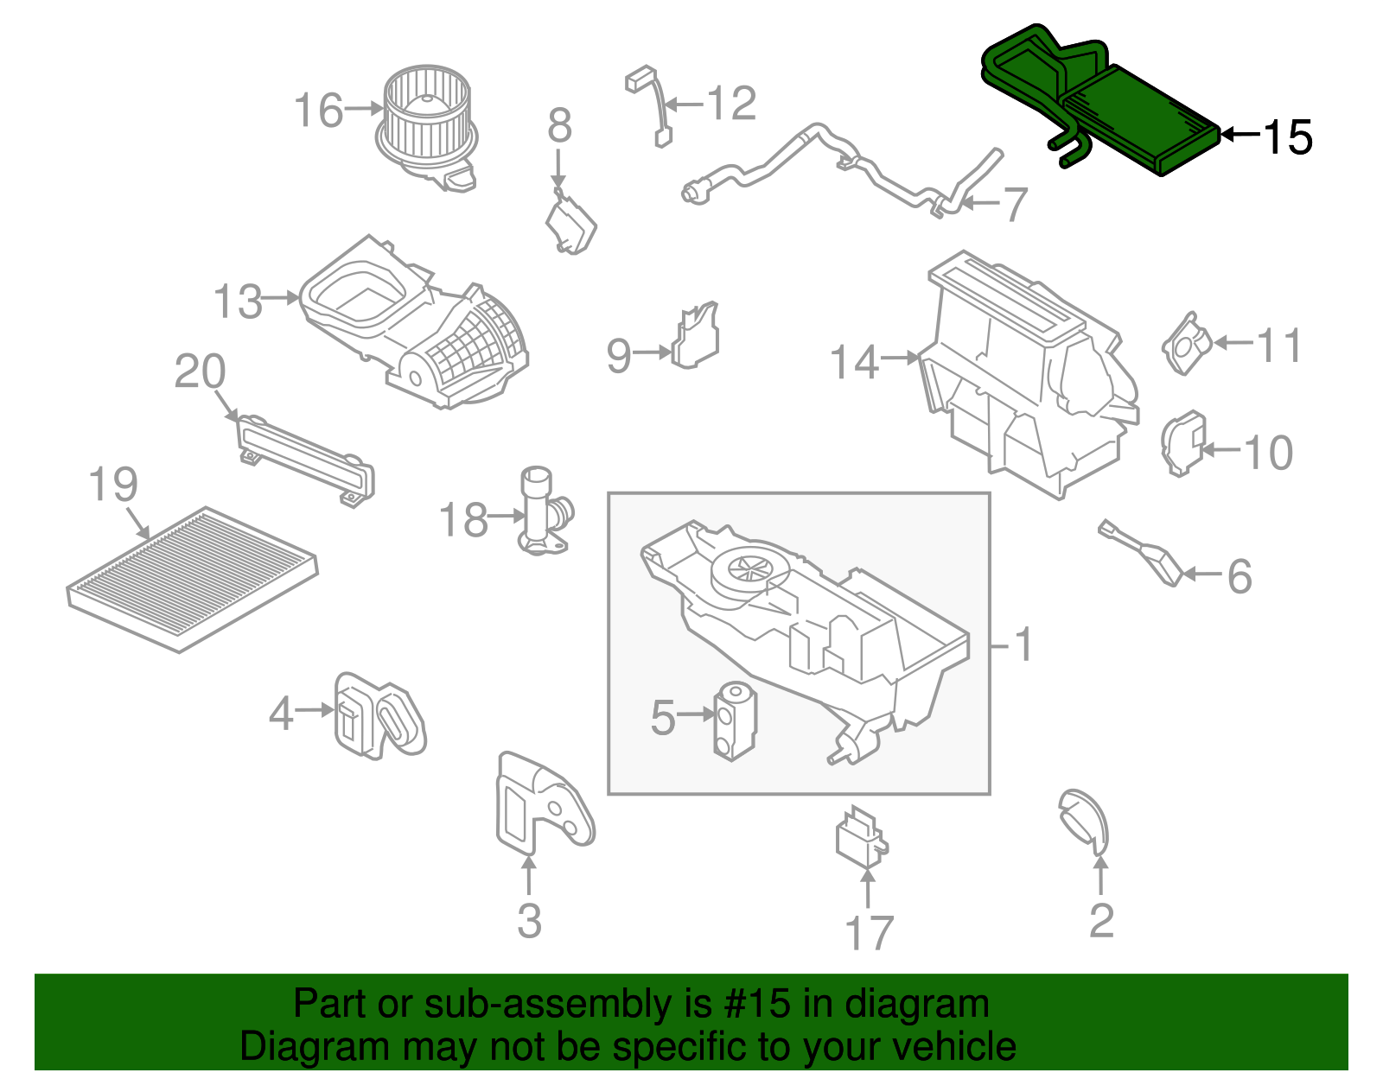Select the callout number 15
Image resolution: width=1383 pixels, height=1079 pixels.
click(x=1287, y=137)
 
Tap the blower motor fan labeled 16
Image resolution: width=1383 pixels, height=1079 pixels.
click(x=427, y=121)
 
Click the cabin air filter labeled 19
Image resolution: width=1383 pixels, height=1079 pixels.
click(x=192, y=579)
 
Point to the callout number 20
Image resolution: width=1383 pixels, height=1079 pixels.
click(x=200, y=371)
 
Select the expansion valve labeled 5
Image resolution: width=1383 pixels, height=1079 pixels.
click(x=735, y=720)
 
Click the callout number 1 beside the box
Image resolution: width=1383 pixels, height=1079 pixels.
click(x=1023, y=644)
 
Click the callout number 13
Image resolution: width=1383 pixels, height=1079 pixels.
click(x=238, y=301)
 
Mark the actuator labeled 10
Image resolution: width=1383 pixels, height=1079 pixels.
click(x=1182, y=442)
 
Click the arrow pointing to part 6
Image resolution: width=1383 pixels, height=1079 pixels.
click(x=1201, y=574)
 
